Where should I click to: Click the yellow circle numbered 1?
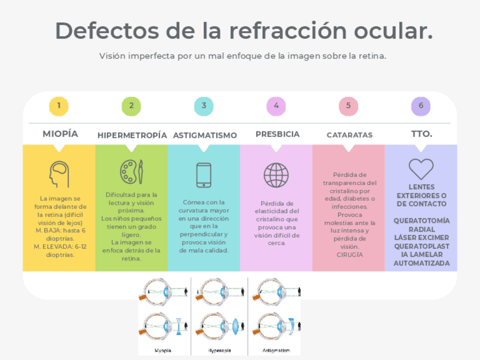click(59, 106)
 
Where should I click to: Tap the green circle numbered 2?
click(131, 106)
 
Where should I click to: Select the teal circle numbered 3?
click(204, 106)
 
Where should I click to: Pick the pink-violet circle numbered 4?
click(276, 106)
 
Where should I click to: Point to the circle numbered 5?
click(349, 106)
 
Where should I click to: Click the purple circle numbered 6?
click(421, 106)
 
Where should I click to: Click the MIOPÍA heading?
click(61, 134)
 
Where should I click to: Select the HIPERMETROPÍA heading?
click(132, 135)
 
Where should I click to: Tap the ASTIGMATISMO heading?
click(205, 135)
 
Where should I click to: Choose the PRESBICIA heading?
click(277, 134)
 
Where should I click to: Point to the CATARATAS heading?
click(349, 135)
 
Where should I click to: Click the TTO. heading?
click(422, 134)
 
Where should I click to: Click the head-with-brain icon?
click(59, 174)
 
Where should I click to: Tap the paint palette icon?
click(131, 172)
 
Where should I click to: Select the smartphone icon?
click(204, 175)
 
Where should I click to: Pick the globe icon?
click(276, 175)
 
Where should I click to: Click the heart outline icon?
click(421, 169)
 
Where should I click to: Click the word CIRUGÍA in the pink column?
click(349, 255)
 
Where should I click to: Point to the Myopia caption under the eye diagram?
click(163, 350)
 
